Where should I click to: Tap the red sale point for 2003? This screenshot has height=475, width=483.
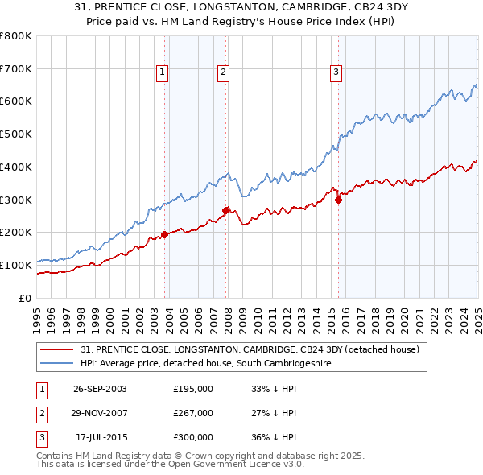click(x=164, y=235)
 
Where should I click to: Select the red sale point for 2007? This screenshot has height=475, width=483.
click(x=225, y=210)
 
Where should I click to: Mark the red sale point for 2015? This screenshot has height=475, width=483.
click(x=338, y=200)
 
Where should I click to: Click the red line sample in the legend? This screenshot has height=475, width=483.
click(x=56, y=350)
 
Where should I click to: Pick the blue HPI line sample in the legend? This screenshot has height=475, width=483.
click(x=56, y=364)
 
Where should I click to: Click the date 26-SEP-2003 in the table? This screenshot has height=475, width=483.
click(x=100, y=388)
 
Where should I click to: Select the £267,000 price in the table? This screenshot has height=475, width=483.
click(x=193, y=413)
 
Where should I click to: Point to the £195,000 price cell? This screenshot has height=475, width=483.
click(x=193, y=388)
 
